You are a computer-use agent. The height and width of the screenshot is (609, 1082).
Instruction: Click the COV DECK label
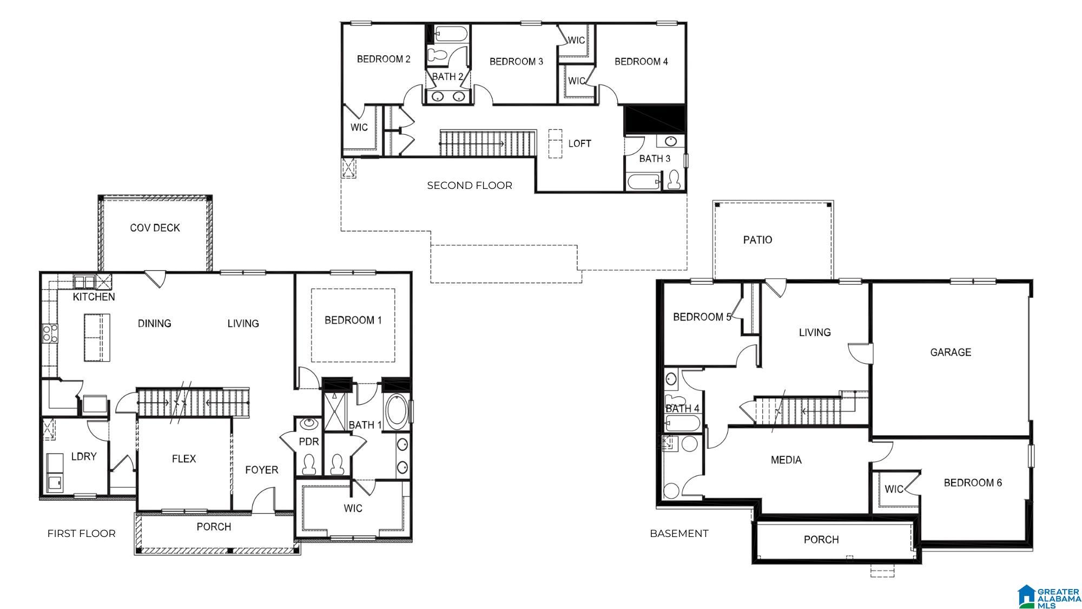(155, 228)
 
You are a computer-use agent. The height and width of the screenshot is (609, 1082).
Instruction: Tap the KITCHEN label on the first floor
(94, 297)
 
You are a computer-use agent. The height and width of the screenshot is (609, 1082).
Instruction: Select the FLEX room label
(184, 459)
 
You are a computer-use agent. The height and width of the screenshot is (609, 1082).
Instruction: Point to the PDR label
(309, 442)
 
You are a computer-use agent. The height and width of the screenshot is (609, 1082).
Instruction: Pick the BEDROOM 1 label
(353, 320)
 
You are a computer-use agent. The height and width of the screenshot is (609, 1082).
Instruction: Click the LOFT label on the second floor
(579, 143)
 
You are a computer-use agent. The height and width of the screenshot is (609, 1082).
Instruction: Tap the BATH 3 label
(655, 159)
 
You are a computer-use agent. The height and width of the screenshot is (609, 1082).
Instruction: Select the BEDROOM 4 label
(641, 62)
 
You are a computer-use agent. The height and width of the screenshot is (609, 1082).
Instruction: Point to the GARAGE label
(951, 352)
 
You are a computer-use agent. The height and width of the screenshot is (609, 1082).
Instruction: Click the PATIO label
(757, 240)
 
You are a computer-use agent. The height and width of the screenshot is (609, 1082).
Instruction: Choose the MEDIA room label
(786, 460)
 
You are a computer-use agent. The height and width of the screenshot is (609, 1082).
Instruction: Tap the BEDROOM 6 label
(973, 482)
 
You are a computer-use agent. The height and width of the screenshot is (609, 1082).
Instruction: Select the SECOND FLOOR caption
(470, 186)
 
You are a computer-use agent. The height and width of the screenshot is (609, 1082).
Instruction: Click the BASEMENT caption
(679, 533)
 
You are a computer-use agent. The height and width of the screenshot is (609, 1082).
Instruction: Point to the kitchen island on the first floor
(97, 337)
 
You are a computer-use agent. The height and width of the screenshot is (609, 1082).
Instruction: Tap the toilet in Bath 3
(674, 180)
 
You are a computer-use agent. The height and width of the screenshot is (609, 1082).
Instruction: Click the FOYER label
(262, 470)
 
